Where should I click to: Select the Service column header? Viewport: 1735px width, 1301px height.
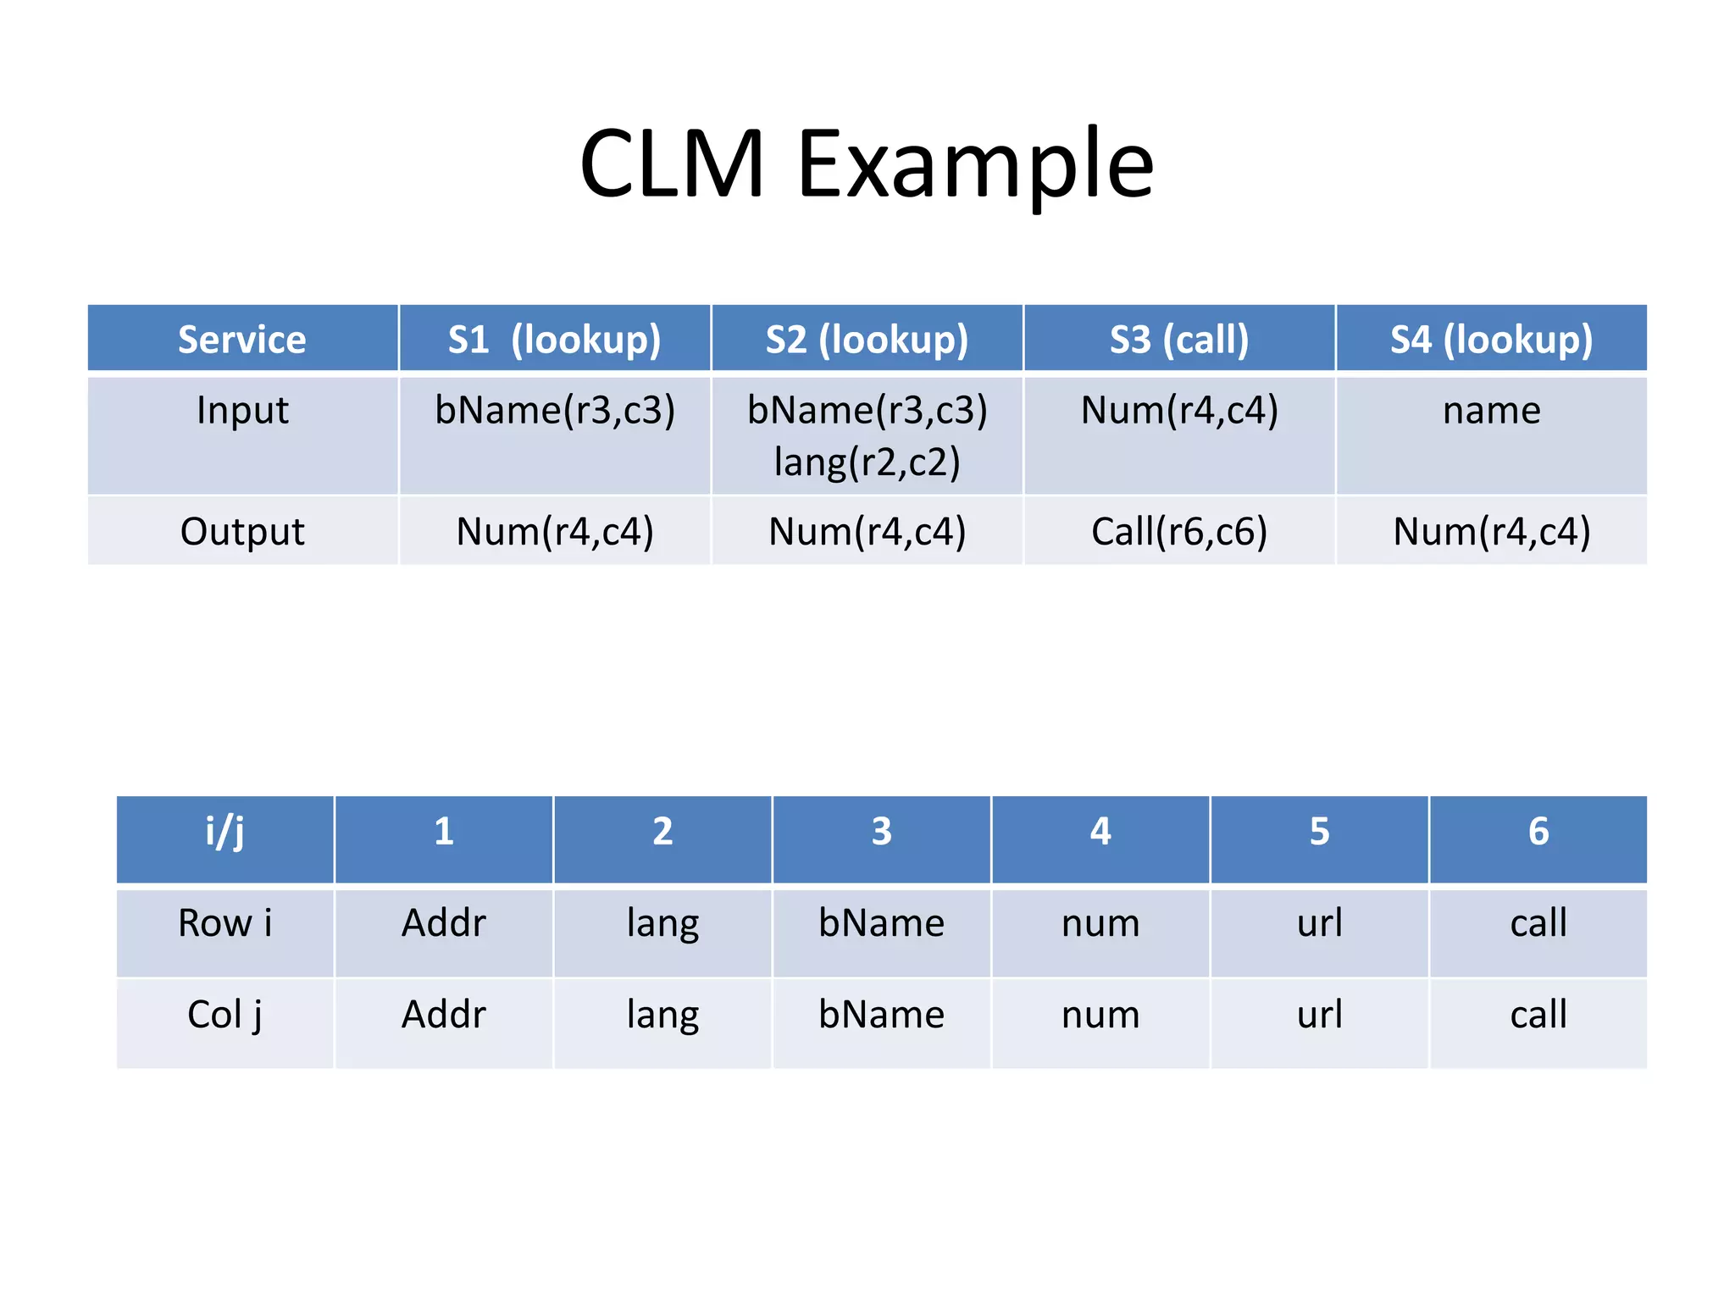(242, 339)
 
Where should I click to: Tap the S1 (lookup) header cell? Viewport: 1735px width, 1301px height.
(554, 339)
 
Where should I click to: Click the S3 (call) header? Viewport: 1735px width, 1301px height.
(1179, 339)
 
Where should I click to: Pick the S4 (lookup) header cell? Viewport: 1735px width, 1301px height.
(1491, 339)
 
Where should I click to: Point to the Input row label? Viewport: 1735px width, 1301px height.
(242, 411)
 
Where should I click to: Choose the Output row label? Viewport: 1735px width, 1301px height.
(242, 532)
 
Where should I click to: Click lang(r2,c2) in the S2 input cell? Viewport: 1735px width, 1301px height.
(867, 462)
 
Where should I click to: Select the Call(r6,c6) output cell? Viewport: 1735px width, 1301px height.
(1179, 532)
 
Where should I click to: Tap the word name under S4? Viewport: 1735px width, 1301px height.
(1491, 411)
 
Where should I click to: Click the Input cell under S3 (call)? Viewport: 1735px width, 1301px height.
(1179, 411)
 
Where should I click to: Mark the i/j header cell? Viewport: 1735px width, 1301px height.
(224, 832)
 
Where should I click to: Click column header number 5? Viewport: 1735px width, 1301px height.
(1319, 832)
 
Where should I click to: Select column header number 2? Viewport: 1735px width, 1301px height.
(662, 832)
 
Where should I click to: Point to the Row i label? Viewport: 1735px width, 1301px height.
(224, 923)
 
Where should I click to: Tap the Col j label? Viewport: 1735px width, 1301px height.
(224, 1015)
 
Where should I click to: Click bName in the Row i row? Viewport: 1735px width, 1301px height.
(881, 923)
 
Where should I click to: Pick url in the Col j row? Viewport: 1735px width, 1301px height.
(1319, 1015)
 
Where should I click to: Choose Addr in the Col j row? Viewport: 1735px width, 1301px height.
(443, 1015)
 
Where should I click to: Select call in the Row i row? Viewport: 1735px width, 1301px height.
(1538, 923)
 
